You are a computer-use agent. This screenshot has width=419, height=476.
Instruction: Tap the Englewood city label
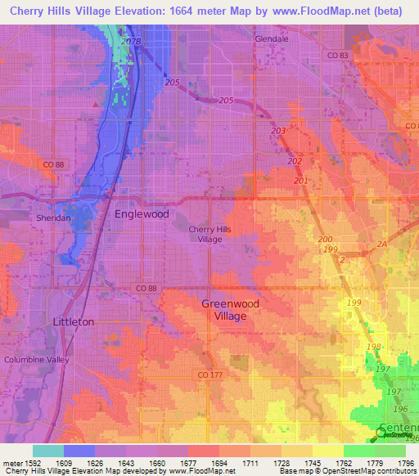click(x=142, y=214)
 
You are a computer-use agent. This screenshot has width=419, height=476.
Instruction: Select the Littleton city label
click(x=74, y=322)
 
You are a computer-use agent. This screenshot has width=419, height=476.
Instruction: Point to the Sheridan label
click(x=51, y=219)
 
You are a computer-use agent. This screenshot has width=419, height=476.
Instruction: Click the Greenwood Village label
click(x=230, y=309)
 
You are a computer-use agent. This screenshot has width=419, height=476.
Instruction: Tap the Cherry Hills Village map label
click(x=210, y=234)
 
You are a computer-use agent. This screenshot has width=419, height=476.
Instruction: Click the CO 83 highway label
click(x=336, y=55)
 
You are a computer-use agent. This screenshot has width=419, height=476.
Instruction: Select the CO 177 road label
click(x=210, y=374)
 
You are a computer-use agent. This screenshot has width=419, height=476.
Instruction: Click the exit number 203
click(x=278, y=131)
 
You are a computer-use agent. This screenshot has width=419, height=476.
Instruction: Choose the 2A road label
click(x=381, y=244)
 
